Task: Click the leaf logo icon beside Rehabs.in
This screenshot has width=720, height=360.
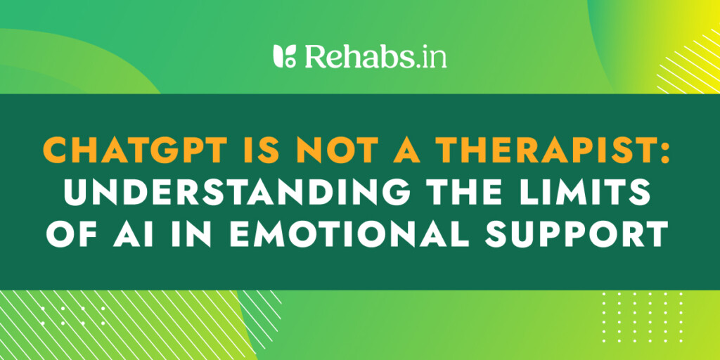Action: [x=284, y=56]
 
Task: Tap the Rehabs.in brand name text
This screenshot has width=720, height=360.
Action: [x=375, y=56]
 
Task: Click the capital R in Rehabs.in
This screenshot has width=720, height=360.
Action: [x=315, y=56]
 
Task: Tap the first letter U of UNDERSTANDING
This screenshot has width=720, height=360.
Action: [x=76, y=193]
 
